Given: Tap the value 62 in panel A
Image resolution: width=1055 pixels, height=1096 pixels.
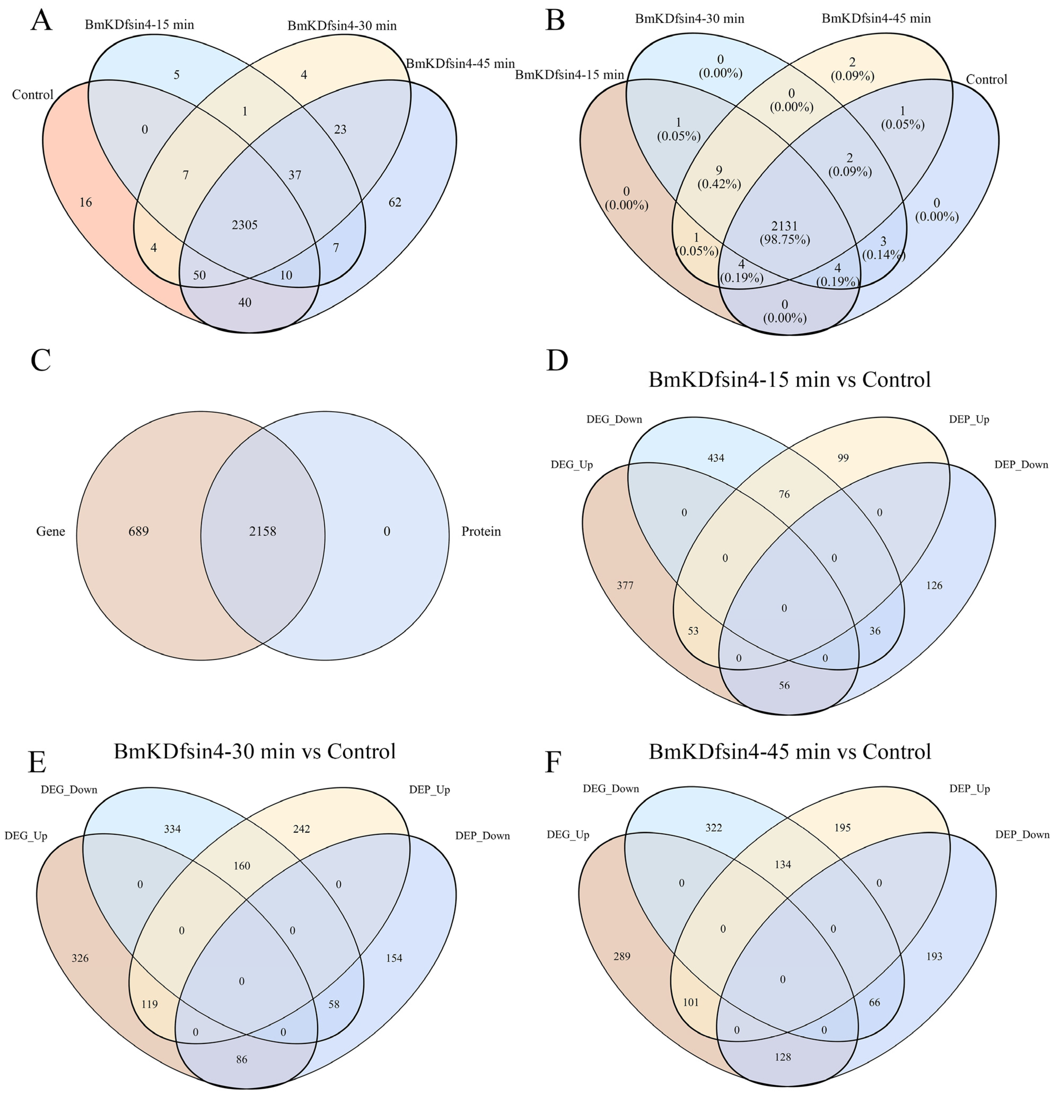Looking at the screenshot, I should click(x=395, y=202).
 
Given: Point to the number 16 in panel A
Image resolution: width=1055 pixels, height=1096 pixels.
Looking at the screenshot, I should click(x=86, y=202).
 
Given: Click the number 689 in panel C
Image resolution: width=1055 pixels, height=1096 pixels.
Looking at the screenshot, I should click(x=139, y=531).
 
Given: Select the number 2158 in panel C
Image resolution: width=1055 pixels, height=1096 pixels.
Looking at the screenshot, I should click(x=262, y=531).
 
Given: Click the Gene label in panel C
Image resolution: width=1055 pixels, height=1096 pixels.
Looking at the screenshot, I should click(x=51, y=531).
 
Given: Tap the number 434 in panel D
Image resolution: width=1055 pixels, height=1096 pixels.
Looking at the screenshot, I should click(x=716, y=458).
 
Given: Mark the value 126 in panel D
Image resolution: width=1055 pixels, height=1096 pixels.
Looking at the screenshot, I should click(x=934, y=585).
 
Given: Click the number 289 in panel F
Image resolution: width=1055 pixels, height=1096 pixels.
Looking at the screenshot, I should click(x=622, y=956).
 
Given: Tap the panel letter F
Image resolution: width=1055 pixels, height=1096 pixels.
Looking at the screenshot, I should click(x=553, y=762).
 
